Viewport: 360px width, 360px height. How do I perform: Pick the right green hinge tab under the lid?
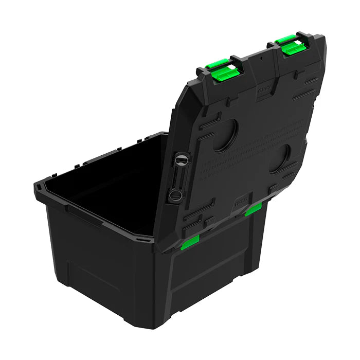[x=253, y=209]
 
